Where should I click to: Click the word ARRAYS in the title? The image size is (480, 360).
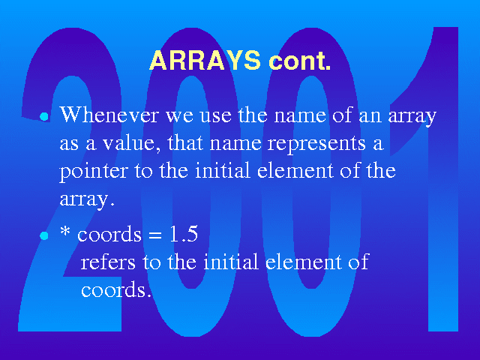click(x=205, y=60)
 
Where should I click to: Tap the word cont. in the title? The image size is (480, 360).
click(x=300, y=61)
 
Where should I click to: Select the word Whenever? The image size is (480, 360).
click(x=109, y=115)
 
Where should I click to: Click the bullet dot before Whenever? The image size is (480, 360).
click(x=44, y=117)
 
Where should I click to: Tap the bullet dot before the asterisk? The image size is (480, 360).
click(x=44, y=235)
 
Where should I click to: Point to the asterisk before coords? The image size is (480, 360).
click(x=65, y=232)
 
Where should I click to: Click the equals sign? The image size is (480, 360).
click(x=154, y=235)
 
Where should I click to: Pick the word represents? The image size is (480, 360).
click(x=316, y=144)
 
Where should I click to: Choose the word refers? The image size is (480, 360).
click(x=108, y=262)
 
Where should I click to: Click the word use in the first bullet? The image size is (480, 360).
click(x=215, y=116)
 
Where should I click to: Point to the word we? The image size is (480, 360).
click(x=179, y=116)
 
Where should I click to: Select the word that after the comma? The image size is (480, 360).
click(x=184, y=142)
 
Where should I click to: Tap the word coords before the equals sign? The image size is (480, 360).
click(x=109, y=234)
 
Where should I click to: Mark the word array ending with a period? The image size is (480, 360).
click(x=87, y=199)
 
